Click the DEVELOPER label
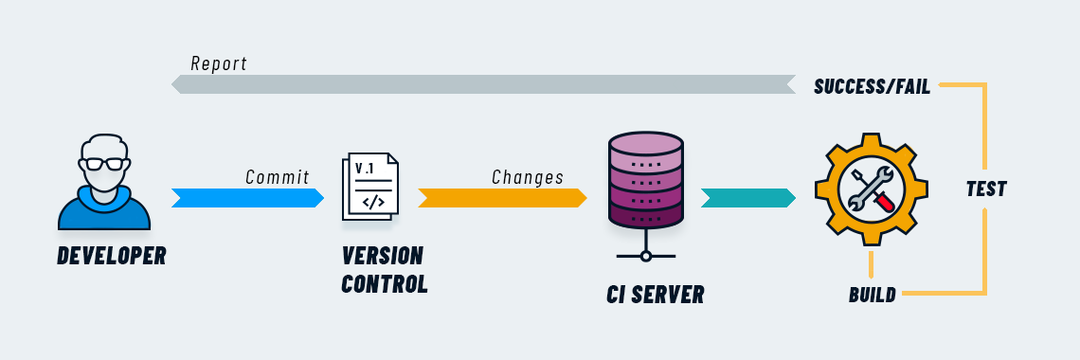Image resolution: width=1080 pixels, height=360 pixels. coord(111,256)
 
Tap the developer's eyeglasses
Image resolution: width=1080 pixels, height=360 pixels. coord(103,163)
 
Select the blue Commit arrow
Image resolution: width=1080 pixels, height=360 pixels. coord(247,198)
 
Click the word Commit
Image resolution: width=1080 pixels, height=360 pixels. coord(278,177)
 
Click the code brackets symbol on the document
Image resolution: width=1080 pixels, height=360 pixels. coord(372,202)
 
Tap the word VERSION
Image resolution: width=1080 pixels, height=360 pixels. coord(383,256)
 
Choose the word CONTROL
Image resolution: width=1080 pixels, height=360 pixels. coord(384,283)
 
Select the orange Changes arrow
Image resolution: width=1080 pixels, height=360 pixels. coord(502,198)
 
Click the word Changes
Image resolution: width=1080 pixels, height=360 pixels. coord(528,177)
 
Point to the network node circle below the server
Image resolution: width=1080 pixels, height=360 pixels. coord(646,256)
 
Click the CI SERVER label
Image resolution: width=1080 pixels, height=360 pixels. coord(655,295)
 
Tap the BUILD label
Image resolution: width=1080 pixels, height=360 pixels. coord(872,295)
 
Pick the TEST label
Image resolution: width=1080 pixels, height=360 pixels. coord(985,189)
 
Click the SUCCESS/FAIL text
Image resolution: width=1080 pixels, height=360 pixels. coord(872,88)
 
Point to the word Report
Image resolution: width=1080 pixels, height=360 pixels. coord(219,63)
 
